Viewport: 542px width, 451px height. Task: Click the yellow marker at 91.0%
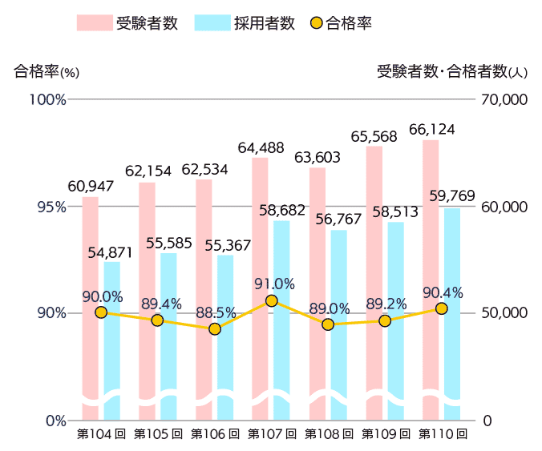tap(271, 300)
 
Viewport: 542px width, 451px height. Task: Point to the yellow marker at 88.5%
tap(214, 328)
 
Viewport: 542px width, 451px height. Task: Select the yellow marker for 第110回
tap(441, 308)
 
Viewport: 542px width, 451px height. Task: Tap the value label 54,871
tap(110, 252)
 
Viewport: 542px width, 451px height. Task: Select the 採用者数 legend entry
tap(245, 22)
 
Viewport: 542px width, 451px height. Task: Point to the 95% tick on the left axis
tap(51, 207)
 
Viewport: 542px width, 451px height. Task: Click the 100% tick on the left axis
tap(49, 99)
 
